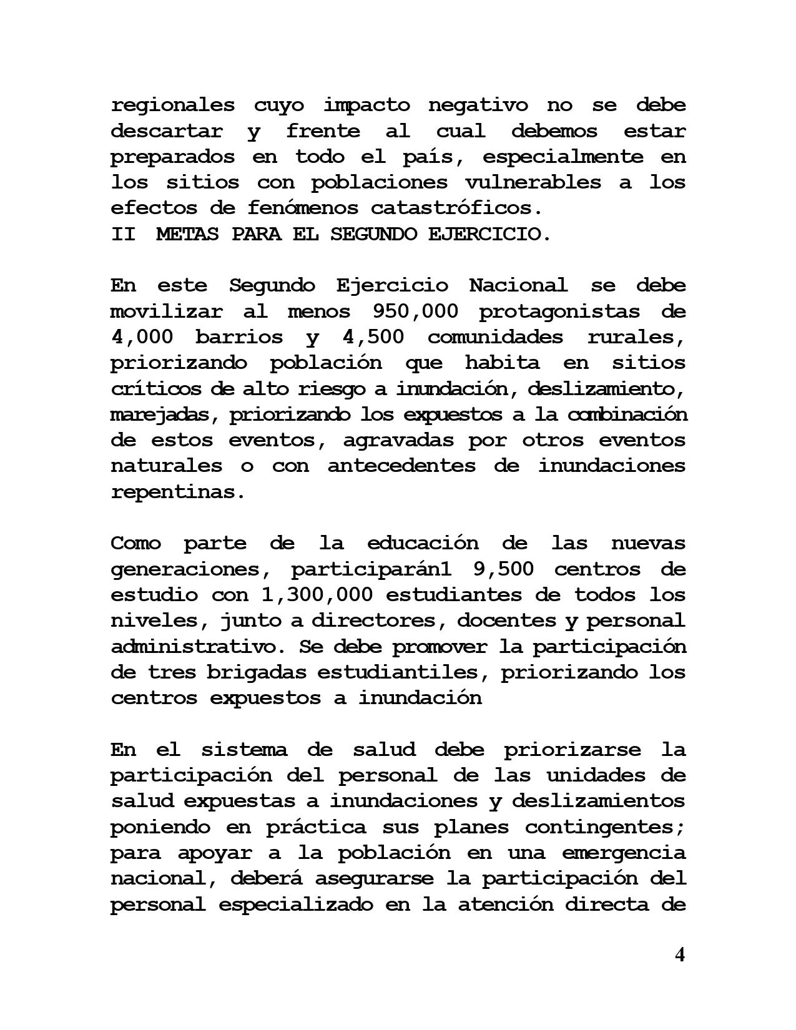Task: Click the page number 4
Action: tap(680, 954)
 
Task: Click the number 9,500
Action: tap(501, 569)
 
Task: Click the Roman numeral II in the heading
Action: tap(123, 235)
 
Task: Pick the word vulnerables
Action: tap(533, 183)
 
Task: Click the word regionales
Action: tap(173, 105)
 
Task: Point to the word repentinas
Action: tap(178, 492)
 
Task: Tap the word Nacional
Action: tap(518, 286)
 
